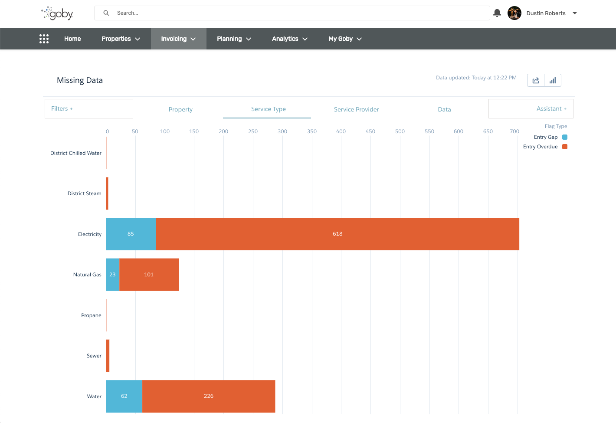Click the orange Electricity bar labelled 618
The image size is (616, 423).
(x=337, y=234)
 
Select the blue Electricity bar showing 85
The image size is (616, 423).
(x=131, y=234)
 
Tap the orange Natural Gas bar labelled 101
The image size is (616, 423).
(x=149, y=275)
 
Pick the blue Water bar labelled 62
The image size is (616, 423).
(x=124, y=396)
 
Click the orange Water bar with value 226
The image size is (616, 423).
(x=209, y=396)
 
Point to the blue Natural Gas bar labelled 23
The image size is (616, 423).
(x=112, y=275)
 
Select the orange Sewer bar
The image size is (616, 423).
(x=108, y=356)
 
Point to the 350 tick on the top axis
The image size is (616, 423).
(x=312, y=131)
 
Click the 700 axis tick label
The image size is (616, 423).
(x=514, y=131)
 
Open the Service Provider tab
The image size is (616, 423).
(x=356, y=109)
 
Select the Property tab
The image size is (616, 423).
(x=180, y=109)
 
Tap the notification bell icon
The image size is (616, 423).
(x=497, y=13)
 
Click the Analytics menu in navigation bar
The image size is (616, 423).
(x=289, y=39)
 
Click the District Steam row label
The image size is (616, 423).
(x=84, y=193)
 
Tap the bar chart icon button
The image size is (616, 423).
(x=553, y=80)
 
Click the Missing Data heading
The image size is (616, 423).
(x=80, y=80)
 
